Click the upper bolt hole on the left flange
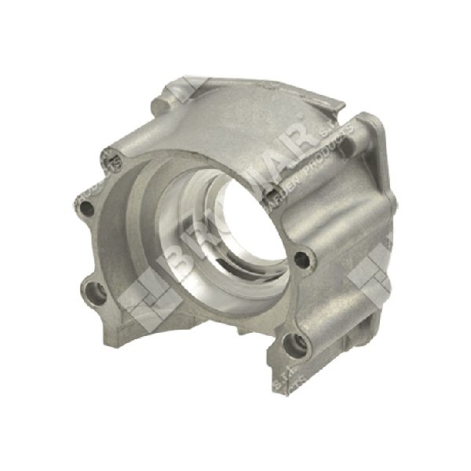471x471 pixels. [x=86, y=209]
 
